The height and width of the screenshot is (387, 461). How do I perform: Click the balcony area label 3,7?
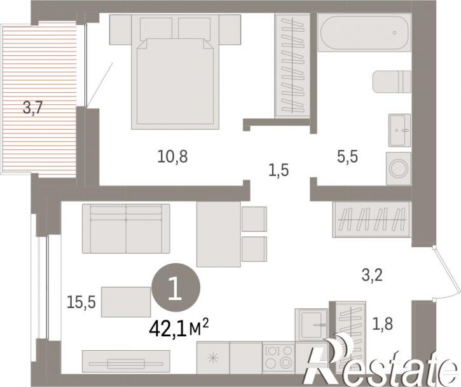pos(33,108)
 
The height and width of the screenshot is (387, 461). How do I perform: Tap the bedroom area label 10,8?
pos(172,156)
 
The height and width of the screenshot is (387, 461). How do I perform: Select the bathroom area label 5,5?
pos(348,156)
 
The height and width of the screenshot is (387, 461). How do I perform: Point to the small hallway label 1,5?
pos(279,170)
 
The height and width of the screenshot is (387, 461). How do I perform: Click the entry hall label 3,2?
pos(372,275)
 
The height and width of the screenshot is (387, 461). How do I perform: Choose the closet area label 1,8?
pos(383,324)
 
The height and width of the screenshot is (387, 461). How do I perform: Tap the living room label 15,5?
pos(81,302)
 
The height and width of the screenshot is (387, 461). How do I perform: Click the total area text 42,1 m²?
pos(179,329)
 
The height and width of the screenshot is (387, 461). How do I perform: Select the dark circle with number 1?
pos(175,287)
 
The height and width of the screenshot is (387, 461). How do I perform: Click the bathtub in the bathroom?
pos(364,32)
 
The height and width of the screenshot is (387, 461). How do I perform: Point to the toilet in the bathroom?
pos(392,81)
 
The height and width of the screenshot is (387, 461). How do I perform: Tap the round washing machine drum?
pos(398,168)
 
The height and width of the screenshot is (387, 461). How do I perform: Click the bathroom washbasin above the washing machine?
pos(399,130)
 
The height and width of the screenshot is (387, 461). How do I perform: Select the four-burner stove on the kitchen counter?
pos(279,357)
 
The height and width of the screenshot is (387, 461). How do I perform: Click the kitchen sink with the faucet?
pos(312,325)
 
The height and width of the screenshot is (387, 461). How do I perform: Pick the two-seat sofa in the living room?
pos(126,229)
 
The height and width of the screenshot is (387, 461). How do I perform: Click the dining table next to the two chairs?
pos(219,234)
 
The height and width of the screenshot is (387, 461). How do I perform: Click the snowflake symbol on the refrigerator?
pos(213,358)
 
